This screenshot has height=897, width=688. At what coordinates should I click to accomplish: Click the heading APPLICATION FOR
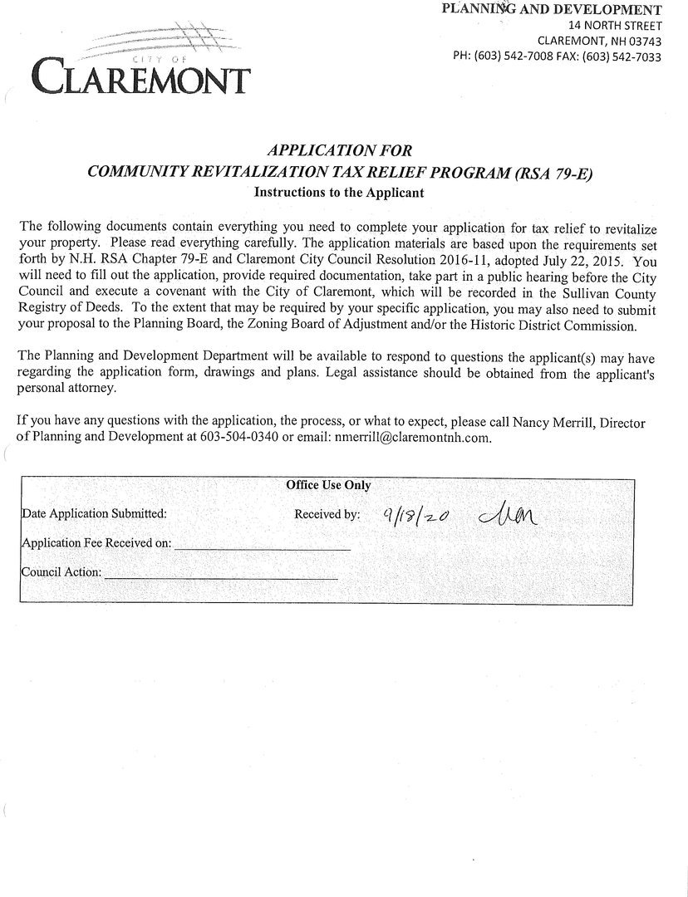point(338,150)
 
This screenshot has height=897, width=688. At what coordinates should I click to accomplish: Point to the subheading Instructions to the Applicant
point(339,192)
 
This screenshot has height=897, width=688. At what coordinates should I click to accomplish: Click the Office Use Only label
point(328,485)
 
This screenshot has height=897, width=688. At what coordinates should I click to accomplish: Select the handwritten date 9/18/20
point(416,515)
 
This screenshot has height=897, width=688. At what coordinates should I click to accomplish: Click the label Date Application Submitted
point(94,513)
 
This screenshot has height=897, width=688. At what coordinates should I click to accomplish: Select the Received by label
point(327,514)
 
